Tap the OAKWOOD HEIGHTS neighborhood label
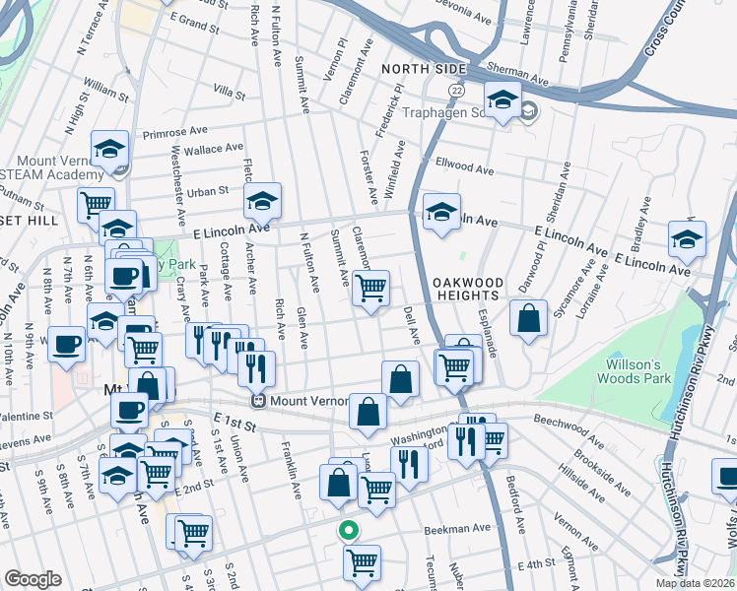click(x=469, y=290)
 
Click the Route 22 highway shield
click(x=457, y=90)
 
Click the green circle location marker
click(x=347, y=530)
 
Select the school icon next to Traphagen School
click(x=502, y=99)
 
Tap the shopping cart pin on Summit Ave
click(x=370, y=289)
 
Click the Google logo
click(x=33, y=579)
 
